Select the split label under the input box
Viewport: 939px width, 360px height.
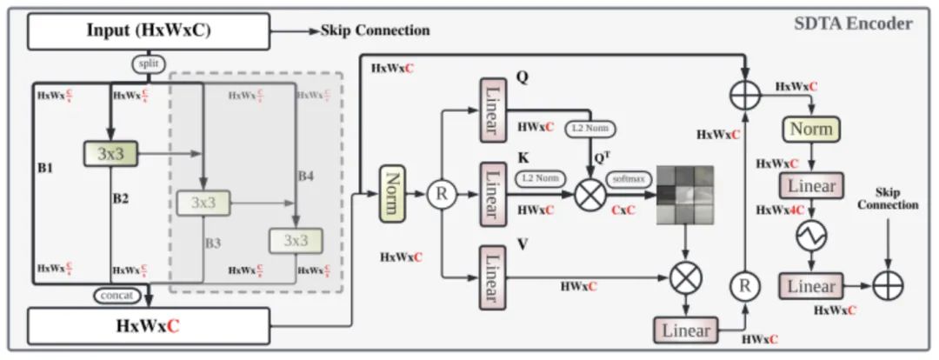(146, 64)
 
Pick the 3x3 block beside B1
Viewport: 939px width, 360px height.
(110, 154)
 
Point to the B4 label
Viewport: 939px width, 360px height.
(305, 176)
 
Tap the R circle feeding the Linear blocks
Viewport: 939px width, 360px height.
(441, 194)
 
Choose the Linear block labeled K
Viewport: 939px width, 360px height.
(492, 193)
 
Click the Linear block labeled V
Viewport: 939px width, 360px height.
(492, 277)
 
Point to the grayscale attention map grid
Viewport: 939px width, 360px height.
(684, 194)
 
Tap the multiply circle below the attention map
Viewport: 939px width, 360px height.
(686, 277)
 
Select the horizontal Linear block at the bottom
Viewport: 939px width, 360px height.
(686, 330)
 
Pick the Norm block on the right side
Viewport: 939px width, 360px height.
(810, 130)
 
